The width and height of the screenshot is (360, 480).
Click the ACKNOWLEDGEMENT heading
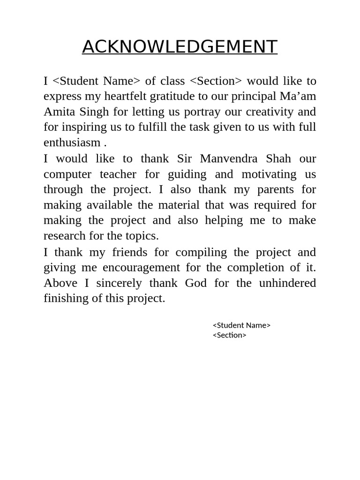(x=180, y=47)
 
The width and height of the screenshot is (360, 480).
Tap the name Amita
(x=59, y=112)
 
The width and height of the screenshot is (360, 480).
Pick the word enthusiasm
(x=72, y=142)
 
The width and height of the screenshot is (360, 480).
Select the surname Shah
(x=278, y=158)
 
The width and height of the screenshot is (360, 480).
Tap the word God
(x=196, y=283)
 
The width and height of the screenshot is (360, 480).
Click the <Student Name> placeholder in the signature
(x=241, y=325)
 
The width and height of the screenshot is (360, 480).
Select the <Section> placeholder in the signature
(x=229, y=335)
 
